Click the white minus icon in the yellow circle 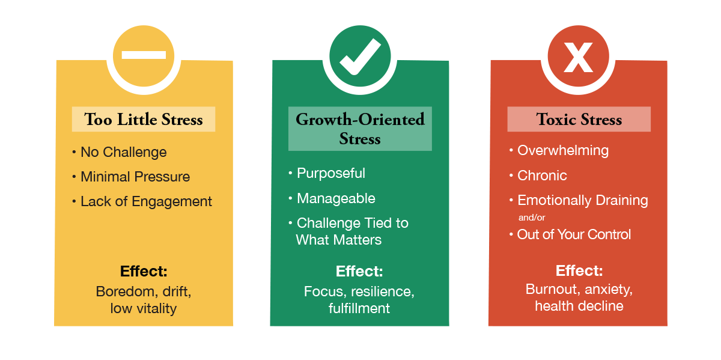click(x=144, y=55)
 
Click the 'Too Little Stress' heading click(x=144, y=119)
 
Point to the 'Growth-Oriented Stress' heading click(x=360, y=129)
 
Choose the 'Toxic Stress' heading click(x=579, y=119)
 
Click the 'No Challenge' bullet click(x=123, y=152)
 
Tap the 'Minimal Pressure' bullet click(x=135, y=177)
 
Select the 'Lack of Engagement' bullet click(x=146, y=201)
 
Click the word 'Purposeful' click(x=330, y=173)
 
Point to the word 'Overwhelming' click(x=562, y=150)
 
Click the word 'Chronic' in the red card click(x=542, y=175)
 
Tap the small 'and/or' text click(x=532, y=218)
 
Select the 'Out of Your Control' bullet click(x=574, y=234)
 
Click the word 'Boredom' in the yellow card click(x=122, y=291)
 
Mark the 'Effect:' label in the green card click(x=359, y=271)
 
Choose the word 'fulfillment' click(x=359, y=308)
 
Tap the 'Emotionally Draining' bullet click(x=582, y=200)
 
